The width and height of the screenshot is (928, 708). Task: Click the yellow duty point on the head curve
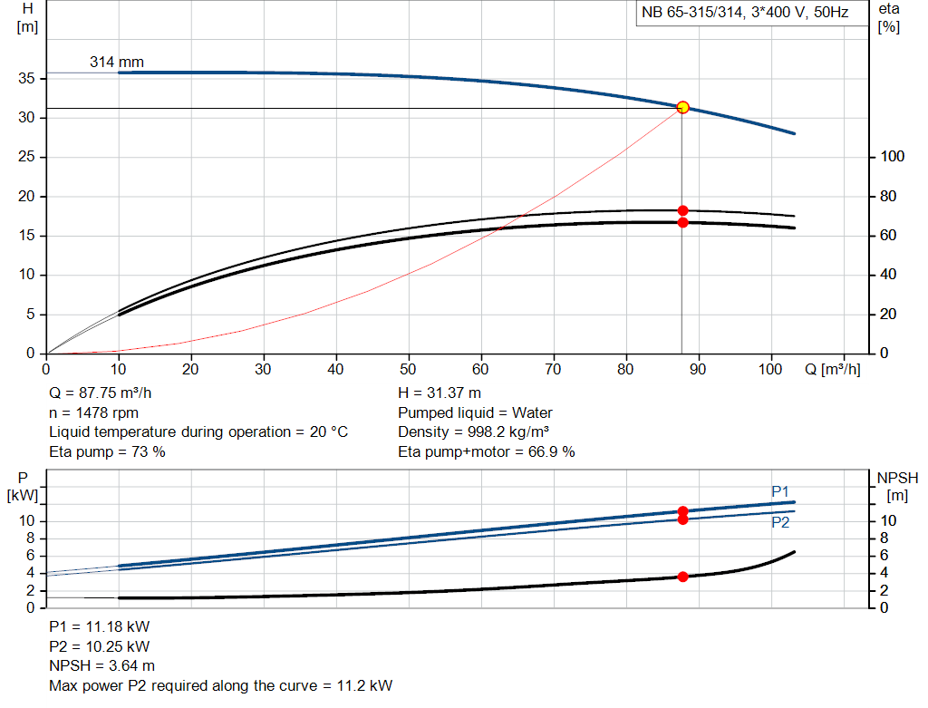[x=682, y=107]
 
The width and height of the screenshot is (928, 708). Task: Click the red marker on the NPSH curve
[x=682, y=577]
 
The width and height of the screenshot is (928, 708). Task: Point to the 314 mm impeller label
[x=117, y=63]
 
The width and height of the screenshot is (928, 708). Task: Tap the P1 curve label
[x=780, y=491]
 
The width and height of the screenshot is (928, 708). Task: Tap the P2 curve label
[x=780, y=522]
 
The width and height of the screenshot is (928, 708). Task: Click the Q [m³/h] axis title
[x=832, y=370]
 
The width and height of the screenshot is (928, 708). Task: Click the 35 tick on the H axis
[x=27, y=79]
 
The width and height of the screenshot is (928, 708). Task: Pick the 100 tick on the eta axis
[x=892, y=158]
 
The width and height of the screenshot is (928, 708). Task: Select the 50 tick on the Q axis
[x=409, y=370]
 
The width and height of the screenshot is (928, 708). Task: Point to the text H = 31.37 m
[x=440, y=394]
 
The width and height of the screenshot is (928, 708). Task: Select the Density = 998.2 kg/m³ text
[x=474, y=432]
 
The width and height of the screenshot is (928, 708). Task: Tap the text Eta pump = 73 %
[x=107, y=451]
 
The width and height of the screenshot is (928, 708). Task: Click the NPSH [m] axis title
[x=897, y=487]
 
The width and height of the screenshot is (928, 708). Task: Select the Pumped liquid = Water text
[x=475, y=413]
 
